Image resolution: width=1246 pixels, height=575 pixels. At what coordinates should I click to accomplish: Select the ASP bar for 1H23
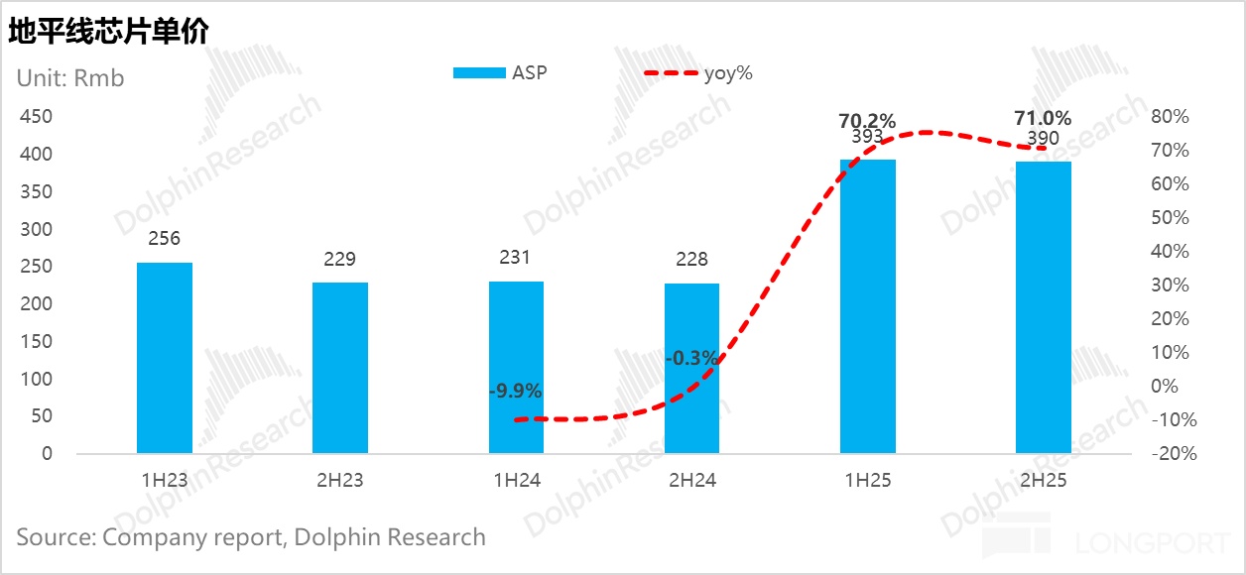click(165, 358)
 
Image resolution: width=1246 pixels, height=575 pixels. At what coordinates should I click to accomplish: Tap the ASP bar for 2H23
click(340, 368)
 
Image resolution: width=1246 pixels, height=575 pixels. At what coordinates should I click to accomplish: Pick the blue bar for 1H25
click(868, 306)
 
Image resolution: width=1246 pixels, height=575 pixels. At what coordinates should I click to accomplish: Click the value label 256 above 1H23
click(165, 239)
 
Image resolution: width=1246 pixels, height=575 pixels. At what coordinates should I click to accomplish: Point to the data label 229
click(340, 259)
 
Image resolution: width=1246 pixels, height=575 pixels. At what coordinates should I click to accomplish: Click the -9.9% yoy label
click(515, 391)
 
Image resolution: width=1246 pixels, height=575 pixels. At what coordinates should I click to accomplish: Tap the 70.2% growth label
click(867, 121)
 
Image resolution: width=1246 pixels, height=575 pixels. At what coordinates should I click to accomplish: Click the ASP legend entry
click(500, 72)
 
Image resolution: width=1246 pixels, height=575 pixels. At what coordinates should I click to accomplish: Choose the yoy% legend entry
click(698, 72)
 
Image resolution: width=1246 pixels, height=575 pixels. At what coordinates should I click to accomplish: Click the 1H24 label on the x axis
click(516, 480)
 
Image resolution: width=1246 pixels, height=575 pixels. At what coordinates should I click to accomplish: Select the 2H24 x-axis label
click(691, 480)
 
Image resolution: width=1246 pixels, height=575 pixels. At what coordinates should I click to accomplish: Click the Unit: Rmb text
click(70, 77)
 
